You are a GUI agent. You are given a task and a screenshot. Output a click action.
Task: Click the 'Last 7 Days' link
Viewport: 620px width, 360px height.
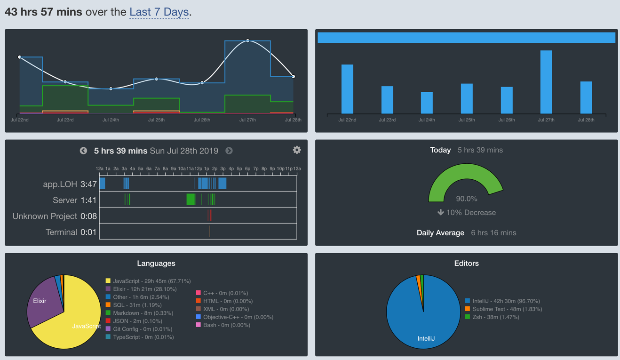tap(159, 12)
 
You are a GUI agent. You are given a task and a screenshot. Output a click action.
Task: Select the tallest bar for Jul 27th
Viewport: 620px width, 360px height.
tap(546, 82)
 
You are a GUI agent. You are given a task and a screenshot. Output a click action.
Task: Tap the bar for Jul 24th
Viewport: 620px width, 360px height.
tap(427, 103)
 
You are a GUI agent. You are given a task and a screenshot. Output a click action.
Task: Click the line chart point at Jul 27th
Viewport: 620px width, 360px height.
tap(248, 41)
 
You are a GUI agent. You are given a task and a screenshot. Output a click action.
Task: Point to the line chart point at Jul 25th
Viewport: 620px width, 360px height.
tap(157, 79)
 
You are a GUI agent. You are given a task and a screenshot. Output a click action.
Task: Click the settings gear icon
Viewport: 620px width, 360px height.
tap(297, 150)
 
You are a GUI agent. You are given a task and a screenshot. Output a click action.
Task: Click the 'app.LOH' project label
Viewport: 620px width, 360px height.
tap(60, 184)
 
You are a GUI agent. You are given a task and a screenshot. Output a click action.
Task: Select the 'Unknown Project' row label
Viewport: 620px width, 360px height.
tap(45, 216)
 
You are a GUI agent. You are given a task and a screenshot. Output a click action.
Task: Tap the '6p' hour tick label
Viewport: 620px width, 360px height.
tap(247, 168)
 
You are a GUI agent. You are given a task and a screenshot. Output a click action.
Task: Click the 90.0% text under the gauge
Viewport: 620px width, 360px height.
tap(466, 199)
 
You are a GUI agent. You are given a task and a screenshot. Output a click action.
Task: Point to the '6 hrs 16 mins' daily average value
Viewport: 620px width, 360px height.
tap(493, 232)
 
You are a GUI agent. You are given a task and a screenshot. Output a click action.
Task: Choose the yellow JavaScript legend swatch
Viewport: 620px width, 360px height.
tap(108, 281)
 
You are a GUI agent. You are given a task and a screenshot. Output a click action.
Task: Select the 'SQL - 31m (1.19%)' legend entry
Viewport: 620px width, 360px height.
tap(137, 305)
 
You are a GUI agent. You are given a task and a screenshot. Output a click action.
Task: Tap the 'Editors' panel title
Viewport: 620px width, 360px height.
tap(466, 264)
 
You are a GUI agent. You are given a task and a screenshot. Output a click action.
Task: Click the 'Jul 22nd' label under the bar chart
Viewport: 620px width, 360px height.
tap(347, 120)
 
